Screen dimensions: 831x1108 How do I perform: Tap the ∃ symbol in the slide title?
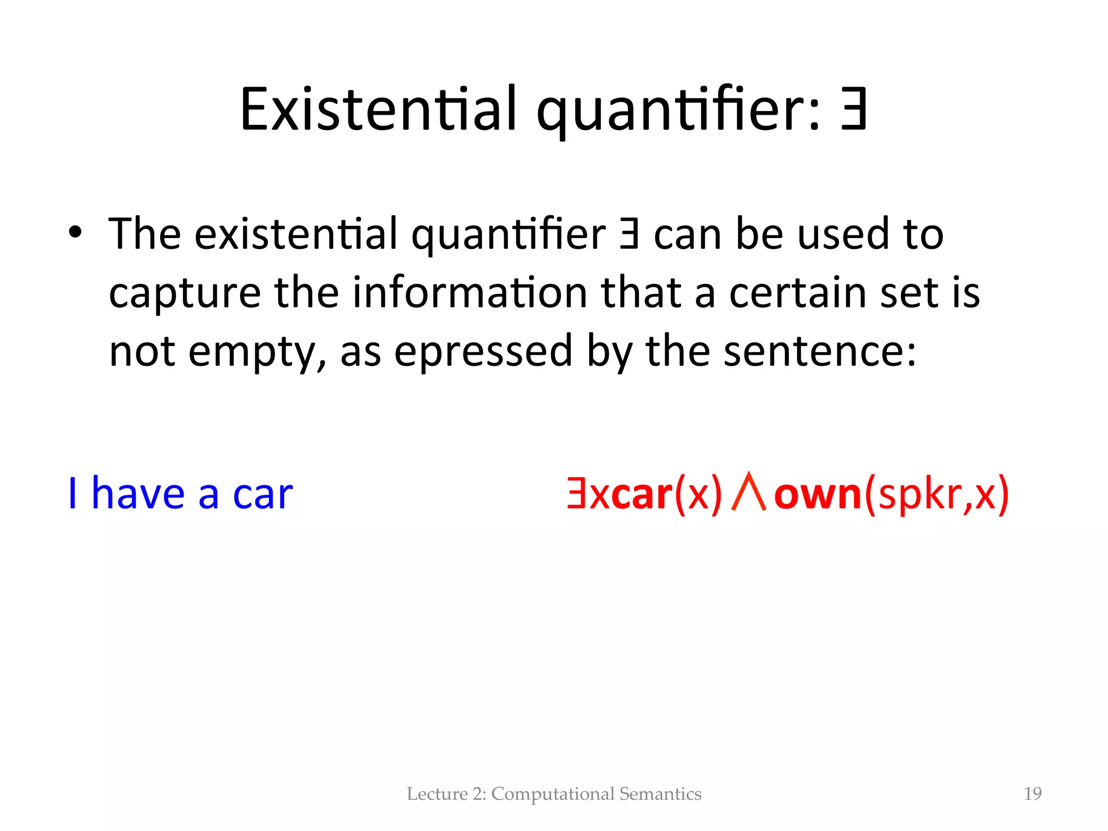(x=854, y=109)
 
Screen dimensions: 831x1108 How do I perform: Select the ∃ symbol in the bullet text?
(x=629, y=234)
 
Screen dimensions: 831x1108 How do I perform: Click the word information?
(x=470, y=293)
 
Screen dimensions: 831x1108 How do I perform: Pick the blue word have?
(x=138, y=493)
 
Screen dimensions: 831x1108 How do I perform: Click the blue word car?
(x=262, y=494)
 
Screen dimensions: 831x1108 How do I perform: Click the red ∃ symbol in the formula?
(x=577, y=493)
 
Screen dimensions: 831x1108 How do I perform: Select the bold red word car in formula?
(x=642, y=494)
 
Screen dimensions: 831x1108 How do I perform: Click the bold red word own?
(x=817, y=494)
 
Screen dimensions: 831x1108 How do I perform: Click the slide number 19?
(x=1033, y=794)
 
